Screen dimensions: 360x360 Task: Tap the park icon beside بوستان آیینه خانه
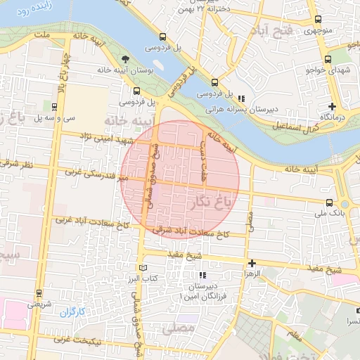pos(125,59)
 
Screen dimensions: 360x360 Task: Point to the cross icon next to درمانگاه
pos(332,106)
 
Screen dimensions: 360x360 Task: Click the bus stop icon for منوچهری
pos(328,21)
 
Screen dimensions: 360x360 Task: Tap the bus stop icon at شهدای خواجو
pos(328,60)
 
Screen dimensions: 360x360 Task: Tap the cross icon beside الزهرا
pos(252,263)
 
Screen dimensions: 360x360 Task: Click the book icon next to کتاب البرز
pos(143,268)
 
